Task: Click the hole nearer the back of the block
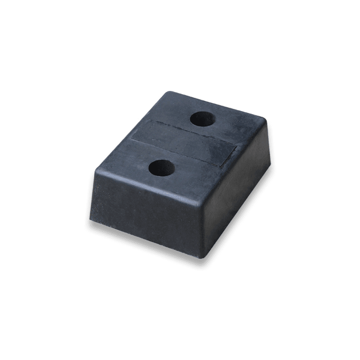(x=202, y=118)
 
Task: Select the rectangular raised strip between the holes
(x=183, y=143)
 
